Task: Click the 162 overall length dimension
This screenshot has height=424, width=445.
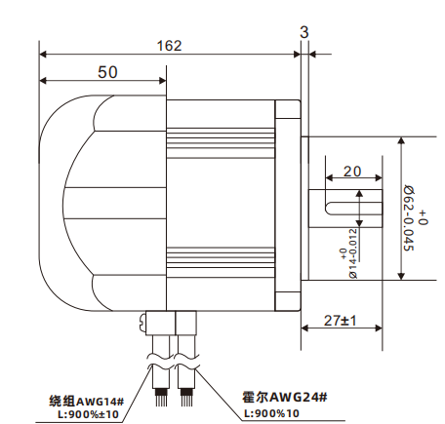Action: click(x=170, y=45)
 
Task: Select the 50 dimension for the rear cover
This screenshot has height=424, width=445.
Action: click(x=107, y=73)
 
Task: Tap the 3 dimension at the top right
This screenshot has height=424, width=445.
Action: click(x=304, y=32)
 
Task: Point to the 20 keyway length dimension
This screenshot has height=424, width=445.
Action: click(x=352, y=171)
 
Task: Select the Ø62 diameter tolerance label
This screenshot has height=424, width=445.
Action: click(x=413, y=209)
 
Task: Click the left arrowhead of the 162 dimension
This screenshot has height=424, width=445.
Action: click(x=43, y=54)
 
